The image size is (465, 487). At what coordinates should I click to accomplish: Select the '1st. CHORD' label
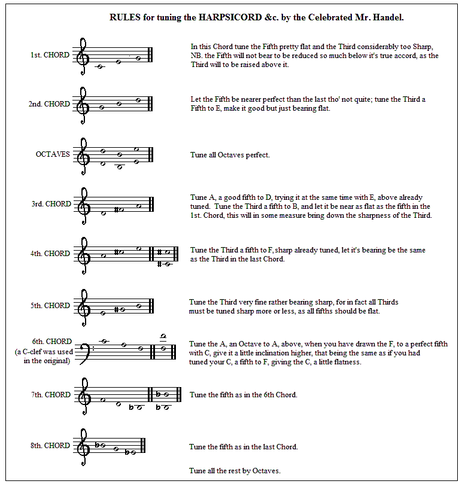(x=50, y=55)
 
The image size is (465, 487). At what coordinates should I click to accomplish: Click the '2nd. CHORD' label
(x=48, y=104)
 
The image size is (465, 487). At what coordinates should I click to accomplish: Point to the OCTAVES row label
(x=53, y=154)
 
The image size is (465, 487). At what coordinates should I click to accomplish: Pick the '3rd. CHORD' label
(x=50, y=204)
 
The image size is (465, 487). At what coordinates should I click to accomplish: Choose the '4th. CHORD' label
(x=50, y=254)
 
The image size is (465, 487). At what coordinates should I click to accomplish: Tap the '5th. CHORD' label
(x=50, y=306)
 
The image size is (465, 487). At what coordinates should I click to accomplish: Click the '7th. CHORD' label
(x=50, y=395)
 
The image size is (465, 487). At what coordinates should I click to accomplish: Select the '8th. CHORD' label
(x=50, y=446)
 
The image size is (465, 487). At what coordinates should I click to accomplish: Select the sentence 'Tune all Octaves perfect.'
(x=230, y=156)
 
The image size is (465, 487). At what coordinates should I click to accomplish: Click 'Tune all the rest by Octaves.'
(x=235, y=471)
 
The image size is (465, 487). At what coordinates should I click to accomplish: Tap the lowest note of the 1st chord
(x=100, y=66)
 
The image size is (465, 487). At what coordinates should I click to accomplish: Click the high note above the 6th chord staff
(x=163, y=336)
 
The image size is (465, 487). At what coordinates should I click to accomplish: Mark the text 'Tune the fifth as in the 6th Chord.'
(x=243, y=395)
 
